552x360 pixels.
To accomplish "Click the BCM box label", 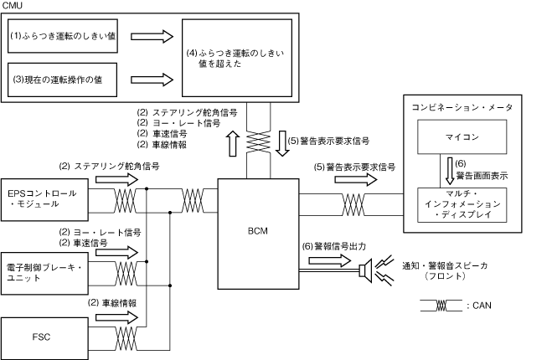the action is (258, 231).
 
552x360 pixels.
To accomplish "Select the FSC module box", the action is (44, 338).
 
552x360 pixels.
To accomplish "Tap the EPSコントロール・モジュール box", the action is (44, 199).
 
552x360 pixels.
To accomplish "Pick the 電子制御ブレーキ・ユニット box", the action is (44, 273).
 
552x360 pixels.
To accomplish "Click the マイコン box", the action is (462, 136).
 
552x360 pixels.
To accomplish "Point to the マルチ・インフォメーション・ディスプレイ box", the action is (462, 205).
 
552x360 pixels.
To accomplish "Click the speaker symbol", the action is (366, 270).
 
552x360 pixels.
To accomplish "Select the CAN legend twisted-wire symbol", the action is (441, 306).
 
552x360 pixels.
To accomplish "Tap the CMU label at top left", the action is (12, 5).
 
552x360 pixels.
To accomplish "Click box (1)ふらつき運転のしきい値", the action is (63, 36).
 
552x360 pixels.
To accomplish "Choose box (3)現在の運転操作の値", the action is (62, 80).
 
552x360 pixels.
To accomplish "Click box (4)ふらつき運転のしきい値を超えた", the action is (237, 58).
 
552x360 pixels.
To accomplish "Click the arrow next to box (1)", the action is (152, 36).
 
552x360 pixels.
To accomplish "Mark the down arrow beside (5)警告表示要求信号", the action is (282, 143).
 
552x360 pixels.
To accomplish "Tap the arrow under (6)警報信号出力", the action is (330, 260).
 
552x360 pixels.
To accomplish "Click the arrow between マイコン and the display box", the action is (450, 171).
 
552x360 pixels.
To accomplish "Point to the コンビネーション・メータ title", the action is (462, 107).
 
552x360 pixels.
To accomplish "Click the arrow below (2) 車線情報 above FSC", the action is (117, 318).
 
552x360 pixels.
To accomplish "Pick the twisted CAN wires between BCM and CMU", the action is (258, 142).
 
